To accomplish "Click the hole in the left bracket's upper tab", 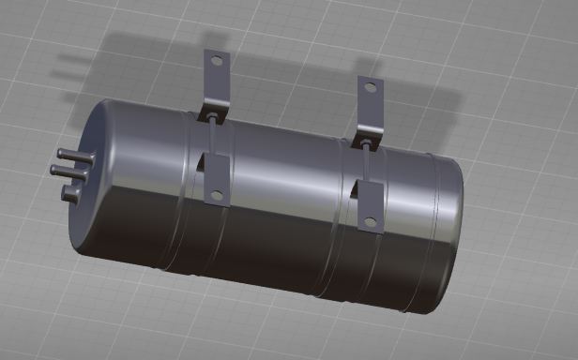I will point(217,61).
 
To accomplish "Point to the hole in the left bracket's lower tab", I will point(217,196).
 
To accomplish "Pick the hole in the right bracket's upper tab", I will point(371,88).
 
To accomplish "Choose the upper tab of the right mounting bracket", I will point(370,108).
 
